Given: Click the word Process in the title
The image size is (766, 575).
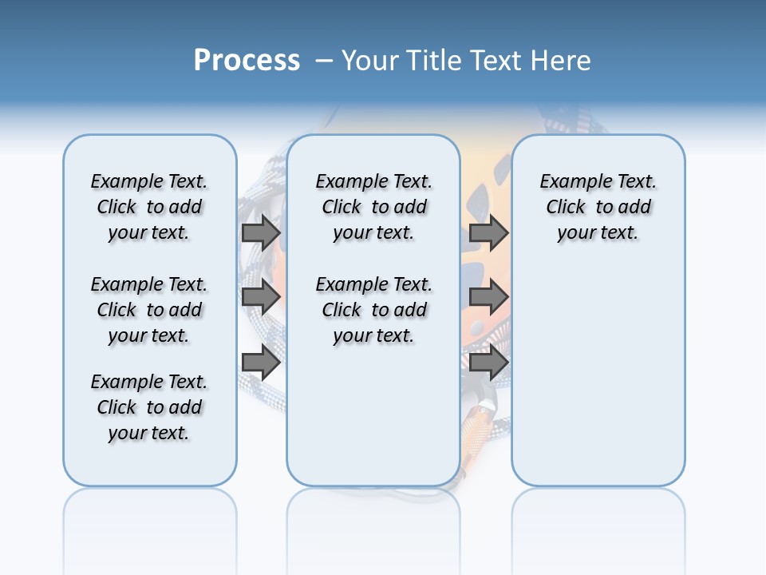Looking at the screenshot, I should click(x=247, y=60).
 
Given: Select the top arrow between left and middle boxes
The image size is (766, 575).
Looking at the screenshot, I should click(x=261, y=232).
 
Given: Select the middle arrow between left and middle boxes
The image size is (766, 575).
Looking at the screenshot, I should click(x=261, y=297).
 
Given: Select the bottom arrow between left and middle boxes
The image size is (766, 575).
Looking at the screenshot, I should click(x=261, y=363).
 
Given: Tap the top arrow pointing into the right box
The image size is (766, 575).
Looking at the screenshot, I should click(x=488, y=232).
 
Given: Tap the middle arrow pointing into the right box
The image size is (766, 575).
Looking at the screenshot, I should click(x=488, y=297).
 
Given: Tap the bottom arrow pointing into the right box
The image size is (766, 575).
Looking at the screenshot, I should click(x=488, y=363).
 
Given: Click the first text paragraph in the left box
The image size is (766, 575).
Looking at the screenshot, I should click(x=149, y=207).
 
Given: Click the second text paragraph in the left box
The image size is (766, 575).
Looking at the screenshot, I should click(x=149, y=310).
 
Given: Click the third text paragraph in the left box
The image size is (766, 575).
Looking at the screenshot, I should click(x=149, y=407).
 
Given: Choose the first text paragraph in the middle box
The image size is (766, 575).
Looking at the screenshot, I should click(x=373, y=207).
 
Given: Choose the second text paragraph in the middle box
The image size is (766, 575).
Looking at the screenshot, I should click(x=373, y=310).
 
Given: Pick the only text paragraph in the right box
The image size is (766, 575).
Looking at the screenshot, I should click(x=598, y=207).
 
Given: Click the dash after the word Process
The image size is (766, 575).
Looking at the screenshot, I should click(x=323, y=60).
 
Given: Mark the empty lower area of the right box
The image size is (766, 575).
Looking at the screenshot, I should click(x=598, y=383).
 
